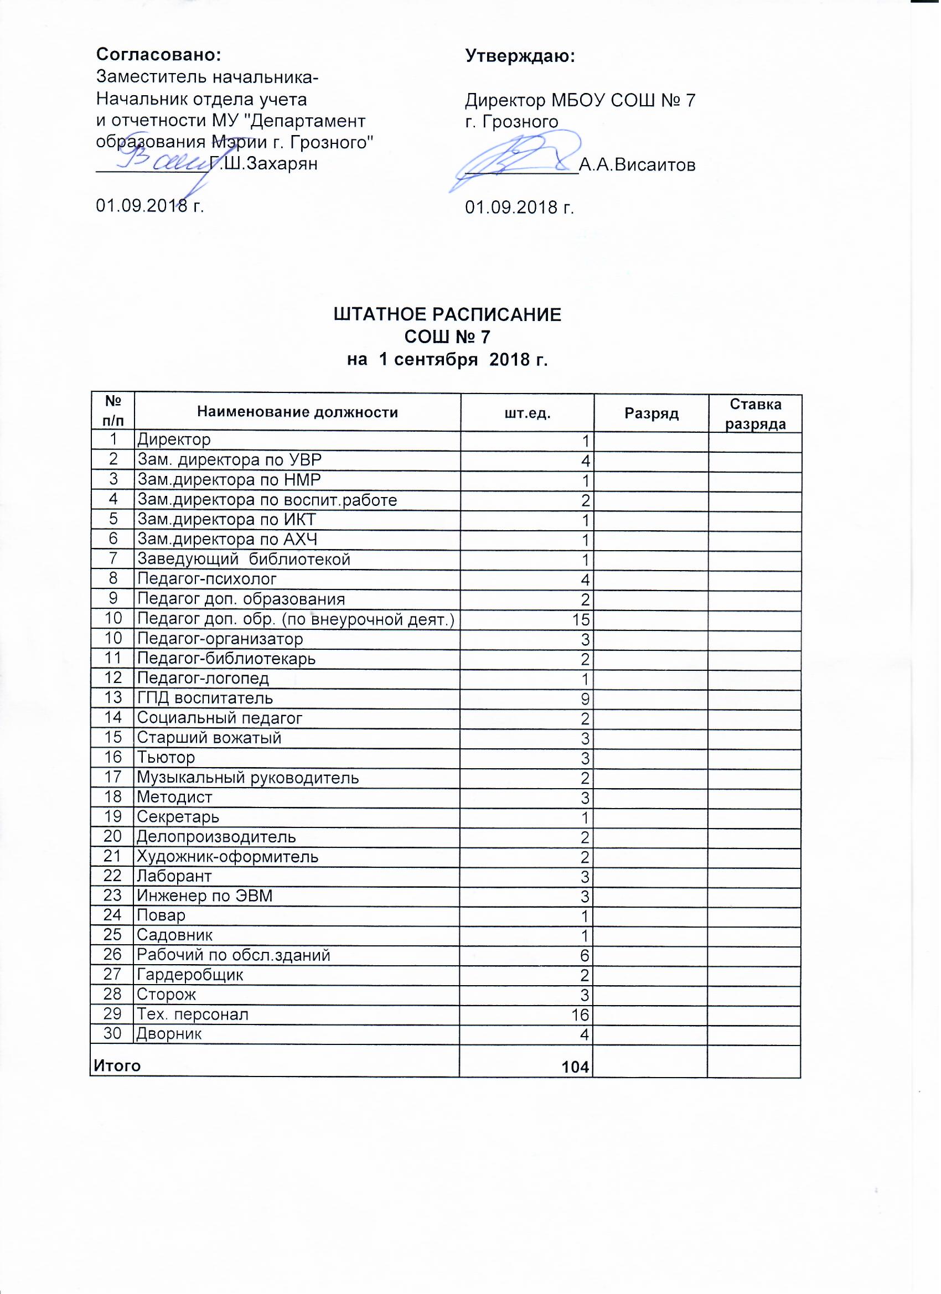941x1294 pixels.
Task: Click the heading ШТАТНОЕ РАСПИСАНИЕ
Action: click(447, 315)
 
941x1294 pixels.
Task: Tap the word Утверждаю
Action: click(520, 55)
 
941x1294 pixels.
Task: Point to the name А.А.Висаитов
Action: click(638, 165)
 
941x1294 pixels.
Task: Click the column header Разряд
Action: click(652, 413)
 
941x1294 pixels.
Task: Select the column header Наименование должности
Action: click(297, 412)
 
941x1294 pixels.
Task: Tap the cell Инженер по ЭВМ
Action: click(205, 896)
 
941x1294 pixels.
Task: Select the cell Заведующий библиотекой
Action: click(244, 560)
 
